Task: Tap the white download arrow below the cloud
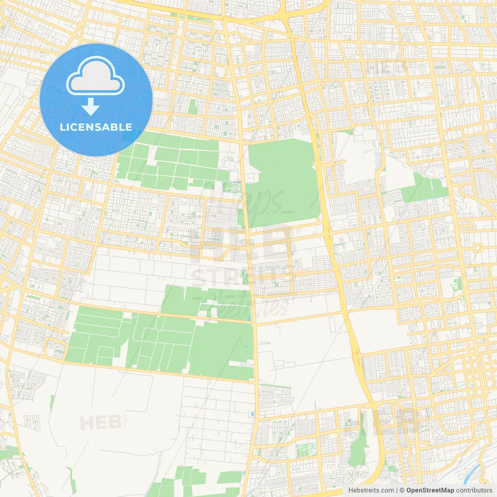tap(90, 107)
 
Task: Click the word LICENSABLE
tap(96, 127)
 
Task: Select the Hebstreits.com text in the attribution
tap(371, 490)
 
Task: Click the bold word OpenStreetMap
tap(430, 490)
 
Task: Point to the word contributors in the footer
tap(474, 490)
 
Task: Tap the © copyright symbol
tap(402, 490)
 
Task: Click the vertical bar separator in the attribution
tap(397, 490)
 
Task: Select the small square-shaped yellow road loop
tap(477, 248)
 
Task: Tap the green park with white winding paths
tap(307, 450)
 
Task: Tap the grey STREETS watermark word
tap(241, 277)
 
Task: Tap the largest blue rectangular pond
tap(253, 414)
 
